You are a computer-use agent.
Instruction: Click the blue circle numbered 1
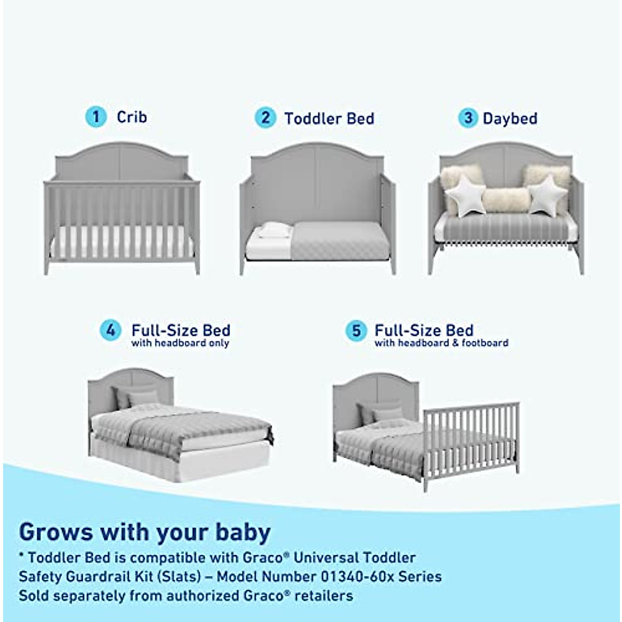[96, 117]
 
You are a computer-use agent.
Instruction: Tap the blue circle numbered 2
[265, 118]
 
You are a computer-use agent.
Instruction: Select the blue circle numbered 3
[468, 118]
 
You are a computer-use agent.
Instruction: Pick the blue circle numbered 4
[110, 330]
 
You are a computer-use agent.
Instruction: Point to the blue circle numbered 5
[356, 330]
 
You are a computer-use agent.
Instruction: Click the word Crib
[132, 117]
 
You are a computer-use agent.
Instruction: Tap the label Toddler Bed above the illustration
[329, 118]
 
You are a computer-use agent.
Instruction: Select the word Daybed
[510, 119]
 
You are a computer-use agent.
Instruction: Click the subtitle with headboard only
[180, 343]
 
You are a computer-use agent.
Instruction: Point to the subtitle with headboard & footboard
[441, 343]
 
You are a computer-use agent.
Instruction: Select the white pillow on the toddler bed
[275, 230]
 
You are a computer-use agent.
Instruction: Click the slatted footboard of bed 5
[471, 438]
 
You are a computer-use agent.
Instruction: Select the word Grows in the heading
[56, 532]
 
